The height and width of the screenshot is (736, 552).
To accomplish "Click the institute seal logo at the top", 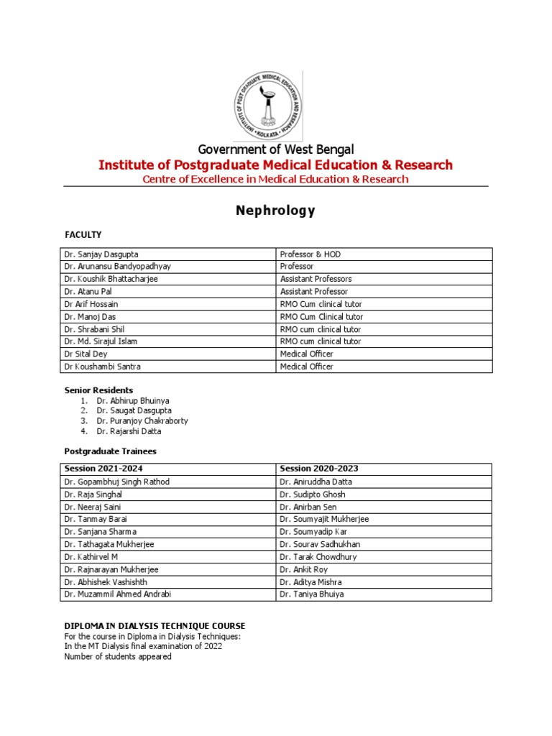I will pyautogui.click(x=269, y=107).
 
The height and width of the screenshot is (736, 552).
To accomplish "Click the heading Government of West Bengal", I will pyautogui.click(x=276, y=149).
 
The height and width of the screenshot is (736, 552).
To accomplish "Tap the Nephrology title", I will pyautogui.click(x=276, y=211).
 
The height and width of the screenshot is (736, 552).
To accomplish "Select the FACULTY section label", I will pyautogui.click(x=83, y=235).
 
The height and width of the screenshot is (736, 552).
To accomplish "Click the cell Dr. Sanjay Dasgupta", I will pyautogui.click(x=101, y=254).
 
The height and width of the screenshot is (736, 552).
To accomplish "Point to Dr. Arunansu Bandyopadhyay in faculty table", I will pyautogui.click(x=118, y=267).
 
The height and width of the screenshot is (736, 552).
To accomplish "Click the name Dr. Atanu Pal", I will pyautogui.click(x=88, y=292).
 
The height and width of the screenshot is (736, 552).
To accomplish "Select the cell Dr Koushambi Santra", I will pyautogui.click(x=103, y=367).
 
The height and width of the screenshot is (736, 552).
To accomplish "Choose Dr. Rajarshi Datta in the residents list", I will pyautogui.click(x=129, y=431).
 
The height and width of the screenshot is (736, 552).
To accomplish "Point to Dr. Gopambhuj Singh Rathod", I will pyautogui.click(x=117, y=482).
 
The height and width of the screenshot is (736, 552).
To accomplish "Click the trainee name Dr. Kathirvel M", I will pyautogui.click(x=91, y=557).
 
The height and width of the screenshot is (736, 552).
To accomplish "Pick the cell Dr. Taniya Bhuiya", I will pyautogui.click(x=313, y=594).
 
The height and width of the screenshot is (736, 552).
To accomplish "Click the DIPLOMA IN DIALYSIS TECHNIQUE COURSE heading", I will pyautogui.click(x=155, y=626).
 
